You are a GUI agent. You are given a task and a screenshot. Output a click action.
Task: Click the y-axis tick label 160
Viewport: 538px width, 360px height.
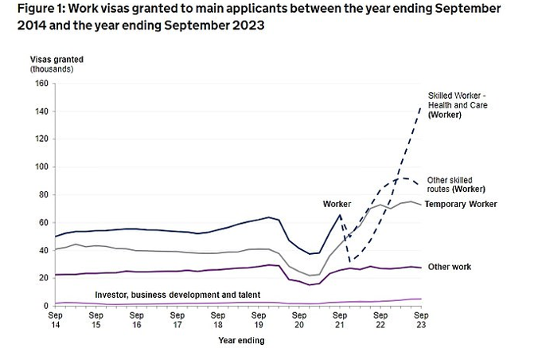41,84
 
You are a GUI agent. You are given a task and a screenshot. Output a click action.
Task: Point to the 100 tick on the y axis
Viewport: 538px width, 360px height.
41,166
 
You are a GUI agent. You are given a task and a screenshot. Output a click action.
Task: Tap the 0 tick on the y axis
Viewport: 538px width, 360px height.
45,306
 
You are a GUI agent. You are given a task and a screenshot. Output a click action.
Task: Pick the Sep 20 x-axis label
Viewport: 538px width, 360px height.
299,320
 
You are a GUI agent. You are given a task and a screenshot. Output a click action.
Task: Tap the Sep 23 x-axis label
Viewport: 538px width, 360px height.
423,320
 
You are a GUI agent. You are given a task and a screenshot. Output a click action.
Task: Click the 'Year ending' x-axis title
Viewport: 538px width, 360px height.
241,341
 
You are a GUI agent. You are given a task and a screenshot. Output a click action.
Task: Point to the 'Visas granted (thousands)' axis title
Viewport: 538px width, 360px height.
57,65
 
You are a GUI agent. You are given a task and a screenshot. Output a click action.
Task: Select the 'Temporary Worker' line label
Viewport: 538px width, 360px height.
461,205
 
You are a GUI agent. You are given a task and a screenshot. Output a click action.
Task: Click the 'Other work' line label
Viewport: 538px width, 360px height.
450,266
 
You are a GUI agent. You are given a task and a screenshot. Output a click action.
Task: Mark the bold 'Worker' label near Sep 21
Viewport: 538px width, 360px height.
336,205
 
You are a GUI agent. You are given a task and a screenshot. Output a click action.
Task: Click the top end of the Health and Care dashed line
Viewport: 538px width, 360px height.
421,107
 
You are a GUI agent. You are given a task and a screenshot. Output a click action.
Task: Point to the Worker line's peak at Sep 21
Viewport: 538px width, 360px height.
341,215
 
